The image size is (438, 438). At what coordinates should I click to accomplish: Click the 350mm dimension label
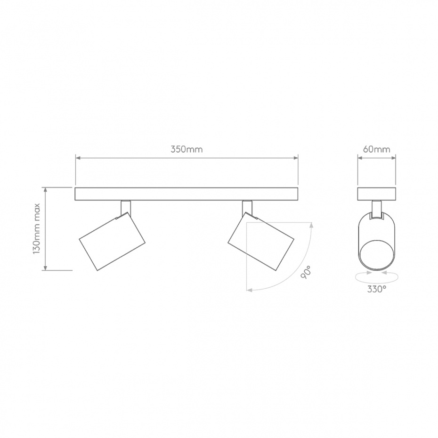point(187,149)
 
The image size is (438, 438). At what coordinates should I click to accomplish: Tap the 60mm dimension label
point(377,149)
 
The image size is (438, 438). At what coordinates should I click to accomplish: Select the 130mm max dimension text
point(37,229)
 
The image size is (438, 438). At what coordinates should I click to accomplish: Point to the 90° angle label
point(306,272)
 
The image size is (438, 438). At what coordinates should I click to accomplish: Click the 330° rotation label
point(377,289)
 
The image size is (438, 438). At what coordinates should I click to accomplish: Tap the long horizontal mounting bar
point(187,194)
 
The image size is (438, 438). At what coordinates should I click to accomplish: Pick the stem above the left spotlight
point(126,208)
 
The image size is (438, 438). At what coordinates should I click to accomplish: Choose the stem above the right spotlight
point(247,208)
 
